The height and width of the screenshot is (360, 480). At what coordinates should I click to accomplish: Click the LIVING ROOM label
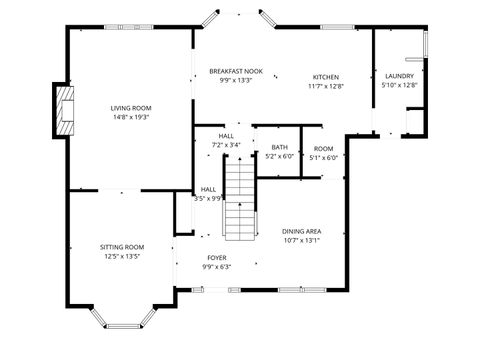(130, 107)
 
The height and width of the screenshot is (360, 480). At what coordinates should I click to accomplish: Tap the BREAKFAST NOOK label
(236, 71)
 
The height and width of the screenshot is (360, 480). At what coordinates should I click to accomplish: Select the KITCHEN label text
(326, 77)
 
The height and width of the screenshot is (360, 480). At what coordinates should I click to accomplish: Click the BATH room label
(279, 147)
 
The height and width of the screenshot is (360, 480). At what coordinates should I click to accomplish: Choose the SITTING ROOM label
(122, 247)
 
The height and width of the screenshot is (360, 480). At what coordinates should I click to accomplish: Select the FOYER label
(216, 257)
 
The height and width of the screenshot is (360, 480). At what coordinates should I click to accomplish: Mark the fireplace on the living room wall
(65, 110)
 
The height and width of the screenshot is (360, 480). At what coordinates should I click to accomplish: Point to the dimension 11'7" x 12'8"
(326, 86)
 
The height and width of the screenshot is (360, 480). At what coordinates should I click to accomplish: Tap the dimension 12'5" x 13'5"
(122, 256)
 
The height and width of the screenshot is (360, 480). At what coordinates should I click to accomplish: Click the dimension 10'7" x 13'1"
(301, 239)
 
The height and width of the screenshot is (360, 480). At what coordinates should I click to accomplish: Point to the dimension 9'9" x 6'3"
(216, 266)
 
